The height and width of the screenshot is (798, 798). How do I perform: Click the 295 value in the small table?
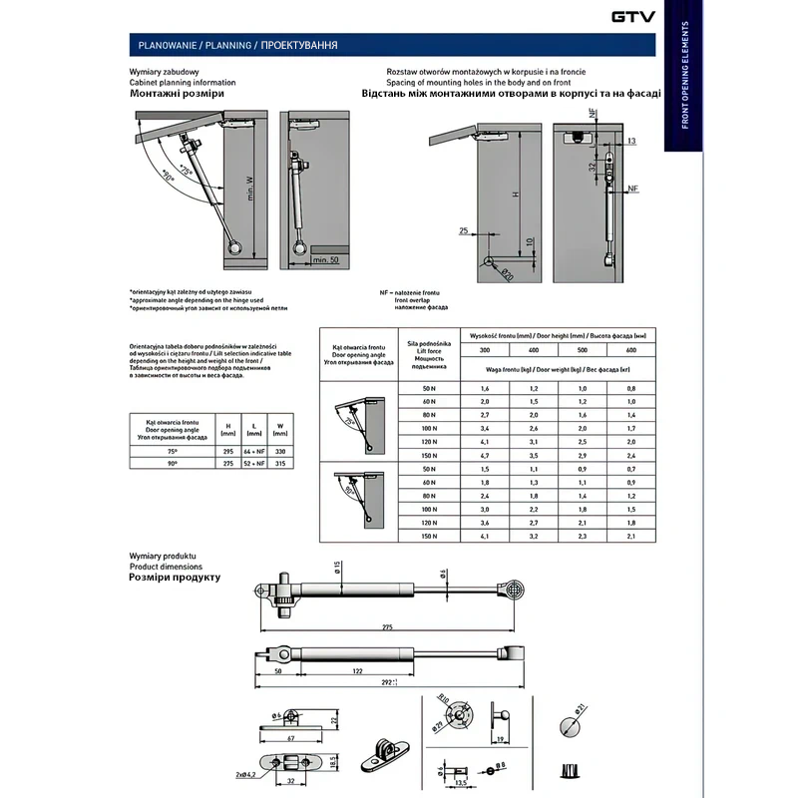pos(227,452)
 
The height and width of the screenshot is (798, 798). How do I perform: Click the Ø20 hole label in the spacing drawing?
pos(506,275)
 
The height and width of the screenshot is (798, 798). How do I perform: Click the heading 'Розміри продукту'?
pos(176,578)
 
